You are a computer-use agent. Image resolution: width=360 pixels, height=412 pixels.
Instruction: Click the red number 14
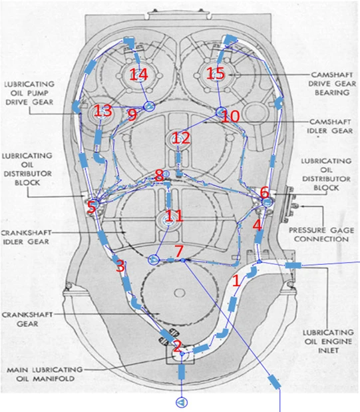(139, 75)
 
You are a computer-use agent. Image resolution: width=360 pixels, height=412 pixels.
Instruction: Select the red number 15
(216, 73)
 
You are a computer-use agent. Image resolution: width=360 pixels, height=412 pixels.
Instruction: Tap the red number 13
(102, 110)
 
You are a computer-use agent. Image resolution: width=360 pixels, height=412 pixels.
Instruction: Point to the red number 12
(181, 138)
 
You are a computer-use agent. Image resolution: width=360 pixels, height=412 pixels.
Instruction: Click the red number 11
(174, 216)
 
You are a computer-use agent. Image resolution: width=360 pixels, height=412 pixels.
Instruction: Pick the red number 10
(230, 116)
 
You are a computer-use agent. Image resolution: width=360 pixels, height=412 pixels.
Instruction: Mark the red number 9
(132, 115)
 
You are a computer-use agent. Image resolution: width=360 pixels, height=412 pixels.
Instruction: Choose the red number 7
(179, 251)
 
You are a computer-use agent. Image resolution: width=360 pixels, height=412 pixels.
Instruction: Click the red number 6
(264, 193)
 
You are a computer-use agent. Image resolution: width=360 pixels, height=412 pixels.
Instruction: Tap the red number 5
(92, 207)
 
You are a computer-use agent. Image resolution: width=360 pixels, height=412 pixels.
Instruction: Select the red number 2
(177, 346)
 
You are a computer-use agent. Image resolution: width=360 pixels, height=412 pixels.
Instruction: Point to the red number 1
(236, 281)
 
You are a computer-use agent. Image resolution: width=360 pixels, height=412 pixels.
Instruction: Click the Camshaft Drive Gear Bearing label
(332, 84)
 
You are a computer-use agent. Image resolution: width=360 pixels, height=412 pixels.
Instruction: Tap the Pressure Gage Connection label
(321, 235)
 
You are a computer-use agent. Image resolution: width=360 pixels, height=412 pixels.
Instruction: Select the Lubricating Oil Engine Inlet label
(328, 341)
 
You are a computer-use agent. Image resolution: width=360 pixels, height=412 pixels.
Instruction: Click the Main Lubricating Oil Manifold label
(45, 374)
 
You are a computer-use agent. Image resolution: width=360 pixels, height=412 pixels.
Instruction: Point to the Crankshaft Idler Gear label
(26, 237)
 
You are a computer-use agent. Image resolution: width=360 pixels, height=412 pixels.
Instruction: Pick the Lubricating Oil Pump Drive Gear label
(29, 93)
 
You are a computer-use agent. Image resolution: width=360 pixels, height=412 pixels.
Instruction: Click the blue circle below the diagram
(182, 402)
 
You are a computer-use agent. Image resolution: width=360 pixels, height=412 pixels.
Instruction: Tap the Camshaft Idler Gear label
(330, 126)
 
